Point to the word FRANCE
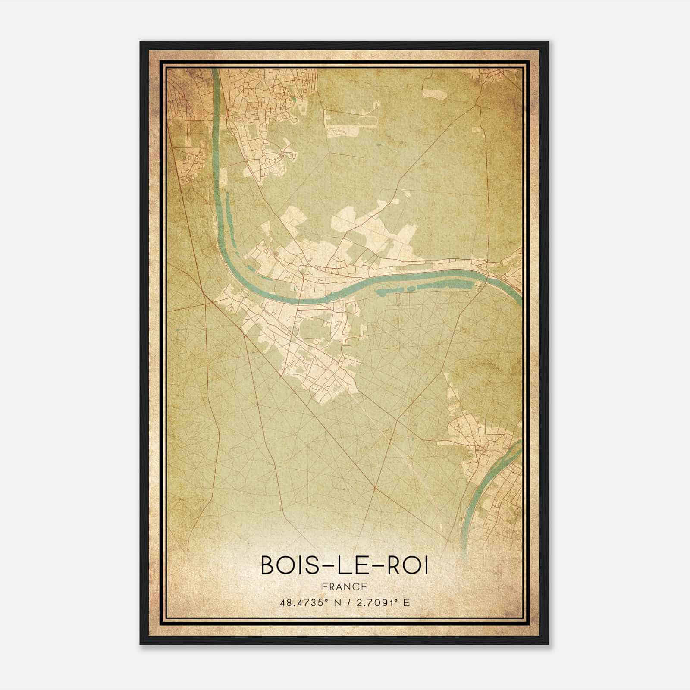point(345,586)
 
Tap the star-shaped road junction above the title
point(376,488)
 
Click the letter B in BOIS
point(267,566)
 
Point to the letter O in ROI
point(407,566)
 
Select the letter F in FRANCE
point(324,586)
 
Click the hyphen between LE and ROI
point(369,567)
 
